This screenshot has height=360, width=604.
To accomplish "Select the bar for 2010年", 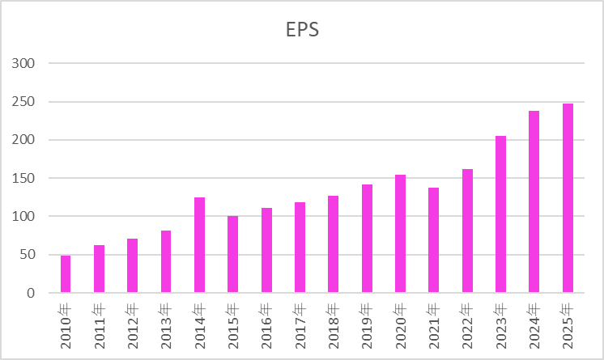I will coord(66,274).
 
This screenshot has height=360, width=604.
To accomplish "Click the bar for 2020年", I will coord(400,234).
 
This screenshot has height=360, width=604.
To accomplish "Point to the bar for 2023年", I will coord(500,214).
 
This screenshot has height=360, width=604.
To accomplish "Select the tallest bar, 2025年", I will coord(568,198).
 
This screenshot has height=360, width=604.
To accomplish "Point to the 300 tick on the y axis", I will coord(25,63).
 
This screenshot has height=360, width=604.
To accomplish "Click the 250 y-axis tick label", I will coord(25,102).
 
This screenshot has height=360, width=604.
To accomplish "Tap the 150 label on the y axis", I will coord(25,178).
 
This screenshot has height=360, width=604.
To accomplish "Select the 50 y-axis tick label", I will coord(28,255).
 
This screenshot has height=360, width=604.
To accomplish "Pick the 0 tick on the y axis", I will coord(32,293).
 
